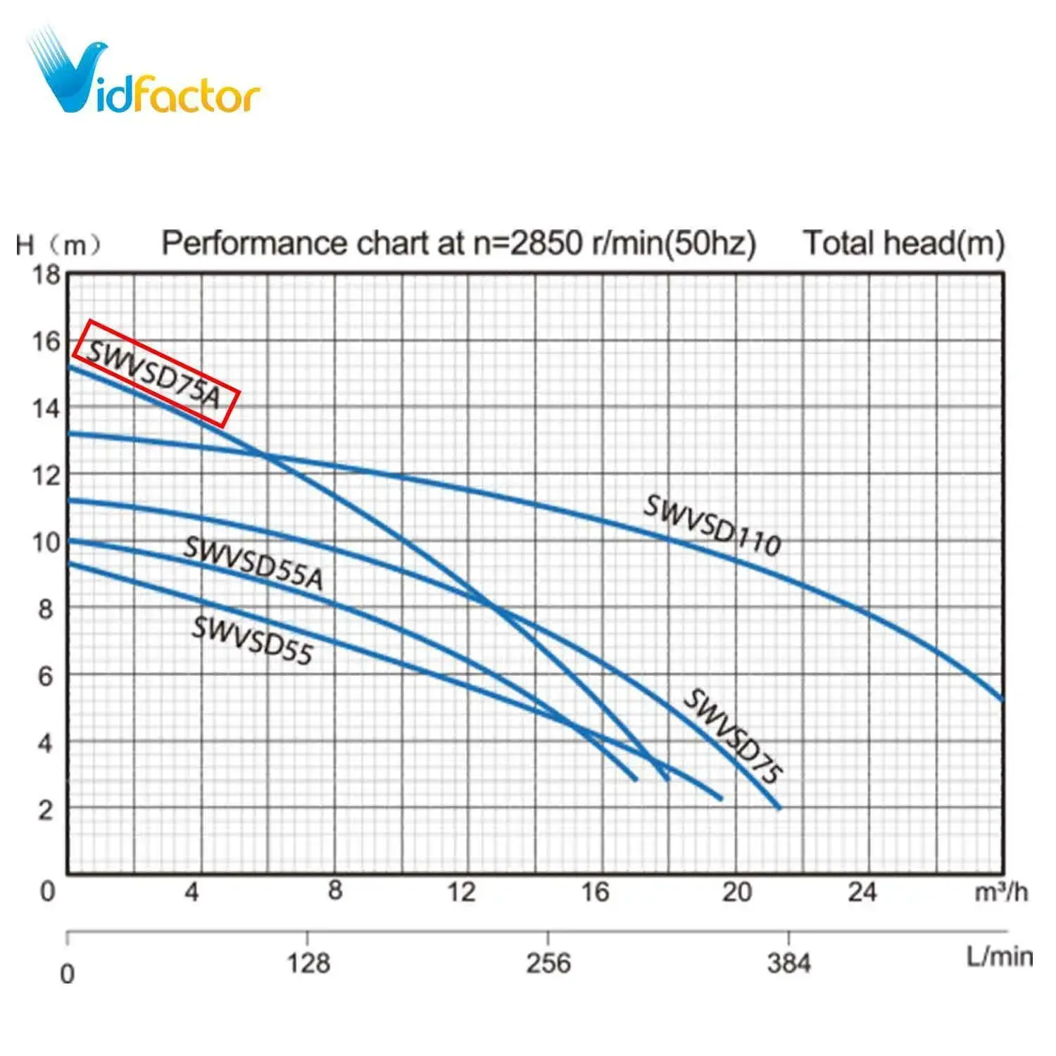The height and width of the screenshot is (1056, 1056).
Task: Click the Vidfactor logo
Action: click(144, 74)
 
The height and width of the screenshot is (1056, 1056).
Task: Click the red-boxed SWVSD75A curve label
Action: click(156, 373)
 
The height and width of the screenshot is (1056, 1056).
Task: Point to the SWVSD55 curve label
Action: click(252, 640)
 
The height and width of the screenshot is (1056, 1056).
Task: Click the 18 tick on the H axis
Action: click(46, 275)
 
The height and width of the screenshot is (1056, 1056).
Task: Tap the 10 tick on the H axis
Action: click(46, 542)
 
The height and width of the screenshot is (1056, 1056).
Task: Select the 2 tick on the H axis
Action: click(45, 810)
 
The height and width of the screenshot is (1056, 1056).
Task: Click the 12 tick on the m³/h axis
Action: click(462, 892)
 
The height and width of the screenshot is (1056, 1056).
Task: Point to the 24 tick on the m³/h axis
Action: click(862, 892)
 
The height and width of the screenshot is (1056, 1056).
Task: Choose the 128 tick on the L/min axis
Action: click(308, 962)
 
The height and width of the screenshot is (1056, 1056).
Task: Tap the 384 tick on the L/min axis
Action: click(788, 962)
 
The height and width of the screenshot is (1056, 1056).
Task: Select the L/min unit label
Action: click(999, 957)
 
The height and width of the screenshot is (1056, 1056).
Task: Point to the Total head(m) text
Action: click(903, 243)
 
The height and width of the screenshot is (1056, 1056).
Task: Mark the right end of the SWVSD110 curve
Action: click(1001, 699)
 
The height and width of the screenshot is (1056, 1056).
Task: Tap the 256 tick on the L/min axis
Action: click(548, 962)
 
